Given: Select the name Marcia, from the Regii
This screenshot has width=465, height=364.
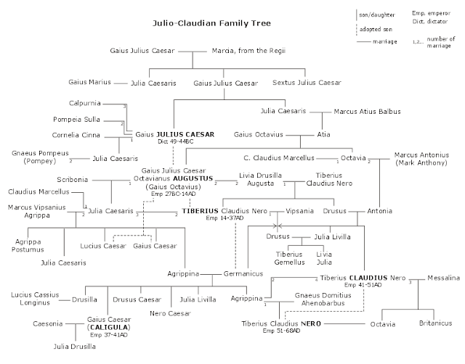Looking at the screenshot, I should pos(243,52).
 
